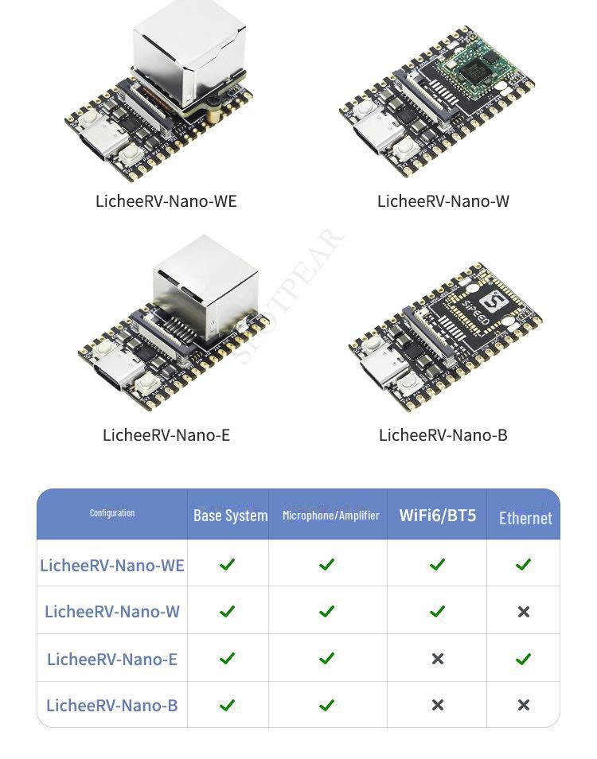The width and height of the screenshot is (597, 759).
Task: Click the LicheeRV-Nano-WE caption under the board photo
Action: (166, 201)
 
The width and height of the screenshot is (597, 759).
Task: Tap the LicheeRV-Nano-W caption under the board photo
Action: (443, 201)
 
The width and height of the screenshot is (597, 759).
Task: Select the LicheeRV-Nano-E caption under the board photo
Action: (166, 435)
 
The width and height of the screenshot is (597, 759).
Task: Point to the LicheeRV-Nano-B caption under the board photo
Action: (443, 435)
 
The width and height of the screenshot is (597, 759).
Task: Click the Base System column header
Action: (230, 516)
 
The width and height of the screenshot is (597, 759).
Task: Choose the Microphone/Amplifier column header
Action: (330, 516)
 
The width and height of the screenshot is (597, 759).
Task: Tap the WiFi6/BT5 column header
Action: (437, 515)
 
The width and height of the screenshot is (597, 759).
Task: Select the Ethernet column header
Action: (525, 518)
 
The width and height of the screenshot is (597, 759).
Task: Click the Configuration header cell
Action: (112, 513)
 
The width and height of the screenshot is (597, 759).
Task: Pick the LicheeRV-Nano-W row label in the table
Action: (112, 612)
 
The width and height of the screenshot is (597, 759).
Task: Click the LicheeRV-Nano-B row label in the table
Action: (112, 706)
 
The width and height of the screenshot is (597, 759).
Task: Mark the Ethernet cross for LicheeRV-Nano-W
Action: (523, 612)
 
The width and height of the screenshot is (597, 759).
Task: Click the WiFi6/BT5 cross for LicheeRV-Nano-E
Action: (437, 659)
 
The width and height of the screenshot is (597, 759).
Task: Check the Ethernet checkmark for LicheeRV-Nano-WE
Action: (523, 564)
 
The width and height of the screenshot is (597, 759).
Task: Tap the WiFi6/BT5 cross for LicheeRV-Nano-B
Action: (437, 705)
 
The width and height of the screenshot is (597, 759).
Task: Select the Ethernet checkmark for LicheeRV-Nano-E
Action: (523, 659)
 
